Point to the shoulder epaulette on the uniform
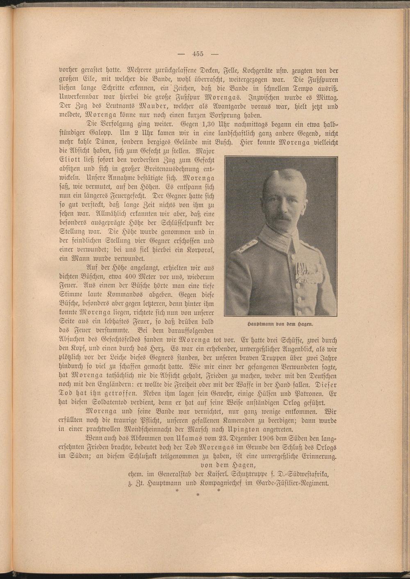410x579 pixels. point(246,246)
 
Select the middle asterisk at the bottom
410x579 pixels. point(197,495)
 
